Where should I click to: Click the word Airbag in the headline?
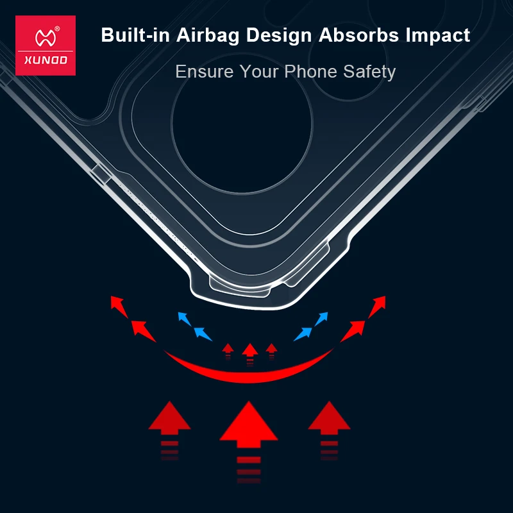[208, 36]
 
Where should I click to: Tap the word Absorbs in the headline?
[359, 35]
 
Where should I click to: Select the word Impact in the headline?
[438, 36]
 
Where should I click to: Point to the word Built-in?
[135, 35]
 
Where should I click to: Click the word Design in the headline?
[279, 36]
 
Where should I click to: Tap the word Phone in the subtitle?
[310, 71]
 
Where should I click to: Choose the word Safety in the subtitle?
[369, 72]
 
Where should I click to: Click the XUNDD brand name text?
[46, 60]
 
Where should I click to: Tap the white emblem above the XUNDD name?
[46, 38]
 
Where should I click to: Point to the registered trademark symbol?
[57, 29]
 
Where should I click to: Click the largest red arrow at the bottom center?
[249, 442]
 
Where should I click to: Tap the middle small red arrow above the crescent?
[250, 353]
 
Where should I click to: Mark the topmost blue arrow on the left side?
[184, 319]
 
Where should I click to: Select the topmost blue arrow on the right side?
[321, 319]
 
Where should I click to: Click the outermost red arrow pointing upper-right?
[377, 307]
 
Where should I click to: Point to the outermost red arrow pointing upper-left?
[119, 307]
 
